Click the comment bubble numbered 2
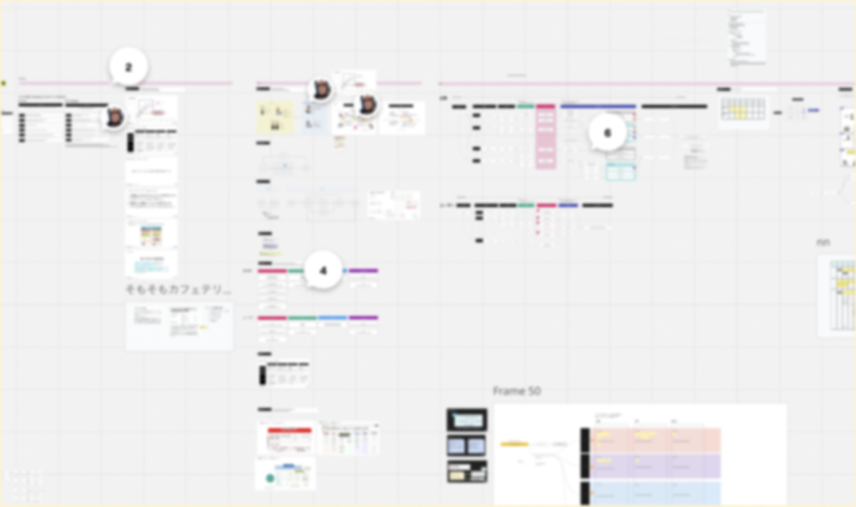tap(128, 67)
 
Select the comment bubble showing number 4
tap(323, 271)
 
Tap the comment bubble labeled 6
tap(607, 133)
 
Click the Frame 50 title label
tap(517, 391)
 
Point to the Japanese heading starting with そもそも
tap(178, 290)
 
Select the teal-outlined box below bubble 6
tap(620, 172)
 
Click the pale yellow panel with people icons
tap(275, 117)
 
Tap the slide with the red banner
tap(289, 439)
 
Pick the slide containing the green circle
tap(285, 475)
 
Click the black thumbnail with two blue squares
tap(467, 446)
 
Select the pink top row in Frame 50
tap(654, 440)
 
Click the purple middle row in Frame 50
tap(654, 466)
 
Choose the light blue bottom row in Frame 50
tap(654, 493)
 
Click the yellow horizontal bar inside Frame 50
tap(515, 444)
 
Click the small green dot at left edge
tap(3, 83)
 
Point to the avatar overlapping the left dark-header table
tap(114, 117)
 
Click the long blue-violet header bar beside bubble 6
tap(598, 107)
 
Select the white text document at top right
tap(747, 37)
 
